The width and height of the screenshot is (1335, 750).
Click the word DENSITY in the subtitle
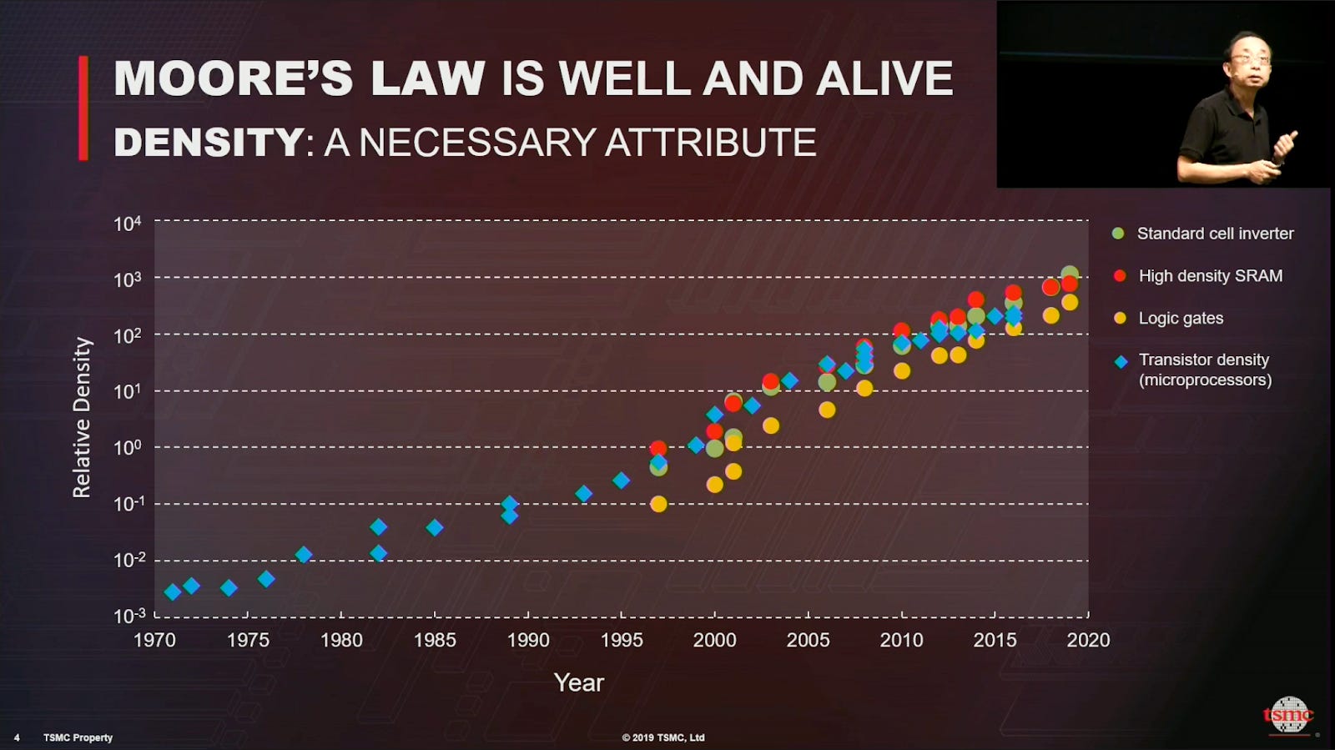pyautogui.click(x=208, y=143)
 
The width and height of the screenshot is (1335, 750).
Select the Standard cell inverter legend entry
pyautogui.click(x=1214, y=234)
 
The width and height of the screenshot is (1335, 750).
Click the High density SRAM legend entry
pyautogui.click(x=1210, y=276)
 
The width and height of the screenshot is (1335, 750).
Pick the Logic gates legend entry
pyautogui.click(x=1180, y=318)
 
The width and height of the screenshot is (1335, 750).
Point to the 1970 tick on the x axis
pyautogui.click(x=154, y=640)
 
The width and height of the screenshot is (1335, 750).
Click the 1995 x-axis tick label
pyautogui.click(x=622, y=640)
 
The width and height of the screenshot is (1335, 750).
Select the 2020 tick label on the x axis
pyautogui.click(x=1088, y=640)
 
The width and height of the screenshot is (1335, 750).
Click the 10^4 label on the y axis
pyautogui.click(x=128, y=224)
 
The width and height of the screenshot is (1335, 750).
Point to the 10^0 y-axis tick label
pyautogui.click(x=128, y=447)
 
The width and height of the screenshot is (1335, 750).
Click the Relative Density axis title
pyautogui.click(x=82, y=418)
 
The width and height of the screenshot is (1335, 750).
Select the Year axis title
pyautogui.click(x=578, y=682)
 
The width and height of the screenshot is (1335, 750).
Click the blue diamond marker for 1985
pyautogui.click(x=435, y=527)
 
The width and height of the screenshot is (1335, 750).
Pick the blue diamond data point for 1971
pyautogui.click(x=173, y=592)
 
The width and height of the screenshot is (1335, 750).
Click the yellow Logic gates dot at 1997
pyautogui.click(x=658, y=504)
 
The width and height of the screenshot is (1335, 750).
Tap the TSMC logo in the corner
pyautogui.click(x=1288, y=715)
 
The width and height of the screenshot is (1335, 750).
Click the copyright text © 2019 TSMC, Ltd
pyautogui.click(x=663, y=737)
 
